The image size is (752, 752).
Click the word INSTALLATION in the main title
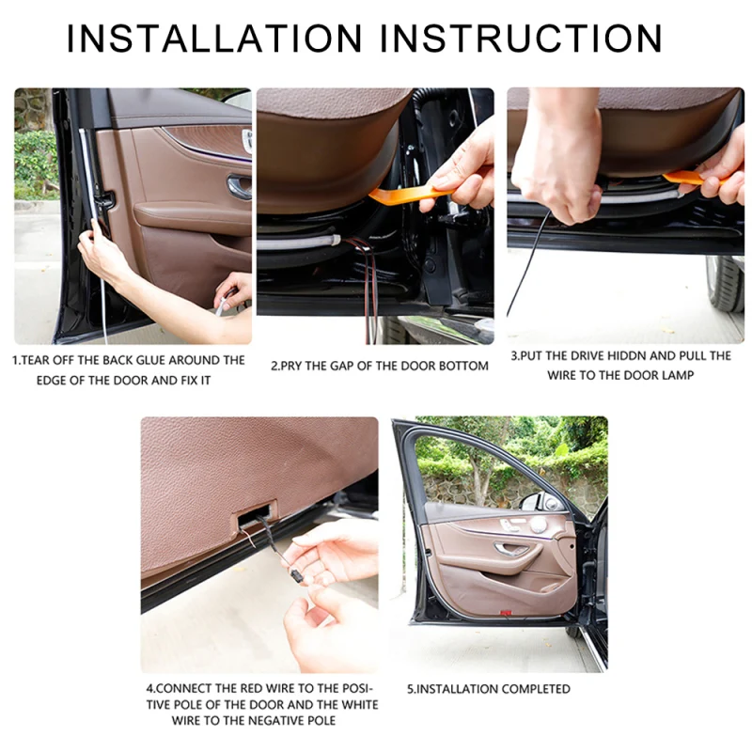click(214, 38)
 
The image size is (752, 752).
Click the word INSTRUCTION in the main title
click(522, 38)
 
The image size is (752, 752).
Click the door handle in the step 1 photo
click(240, 187)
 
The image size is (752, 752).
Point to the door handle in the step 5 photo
click(511, 549)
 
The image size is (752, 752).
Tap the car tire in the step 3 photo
click(725, 284)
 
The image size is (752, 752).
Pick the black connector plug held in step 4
click(295, 576)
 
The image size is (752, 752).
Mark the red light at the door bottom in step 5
click(506, 613)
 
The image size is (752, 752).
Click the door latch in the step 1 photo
click(104, 200)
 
